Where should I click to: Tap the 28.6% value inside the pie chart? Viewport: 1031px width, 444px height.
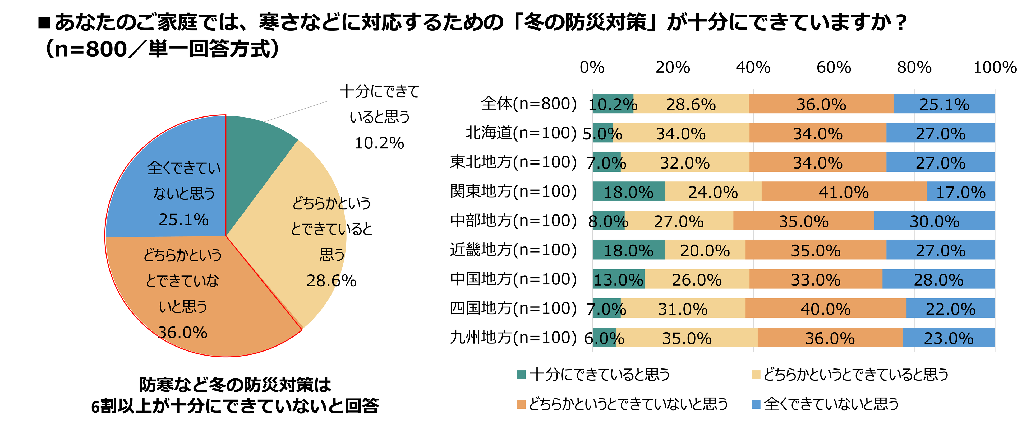tap(332, 281)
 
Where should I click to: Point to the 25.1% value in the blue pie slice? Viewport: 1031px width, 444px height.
tap(184, 219)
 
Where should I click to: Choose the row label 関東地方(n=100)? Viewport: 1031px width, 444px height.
tap(513, 191)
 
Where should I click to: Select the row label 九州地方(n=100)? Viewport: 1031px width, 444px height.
tap(513, 338)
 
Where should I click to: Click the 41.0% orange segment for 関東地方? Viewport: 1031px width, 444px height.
tap(844, 191)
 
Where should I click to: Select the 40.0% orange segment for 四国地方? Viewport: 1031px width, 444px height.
tap(825, 309)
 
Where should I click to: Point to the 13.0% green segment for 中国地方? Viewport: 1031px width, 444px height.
tap(618, 279)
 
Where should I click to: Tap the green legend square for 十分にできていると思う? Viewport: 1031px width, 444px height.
tap(521, 375)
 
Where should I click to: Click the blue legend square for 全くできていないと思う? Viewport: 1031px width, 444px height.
tap(756, 404)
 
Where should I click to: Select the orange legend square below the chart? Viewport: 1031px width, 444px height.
tap(521, 404)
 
